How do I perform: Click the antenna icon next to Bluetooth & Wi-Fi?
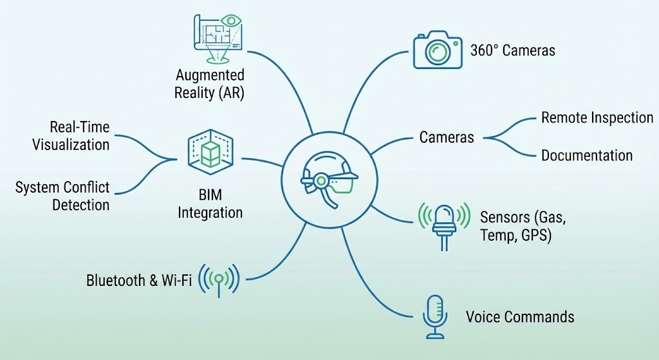pyautogui.click(x=219, y=279)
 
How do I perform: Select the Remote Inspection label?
pyautogui.click(x=597, y=118)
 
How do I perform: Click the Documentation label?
pyautogui.click(x=586, y=155)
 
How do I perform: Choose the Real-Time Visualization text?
pyautogui.click(x=71, y=135)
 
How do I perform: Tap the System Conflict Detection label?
pyautogui.click(x=62, y=196)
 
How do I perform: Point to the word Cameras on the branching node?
pyautogui.click(x=447, y=137)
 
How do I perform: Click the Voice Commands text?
pyautogui.click(x=519, y=317)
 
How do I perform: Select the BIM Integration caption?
pyautogui.click(x=210, y=204)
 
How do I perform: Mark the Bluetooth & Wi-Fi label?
pyautogui.click(x=138, y=281)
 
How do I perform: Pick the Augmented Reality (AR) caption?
pyautogui.click(x=210, y=84)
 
